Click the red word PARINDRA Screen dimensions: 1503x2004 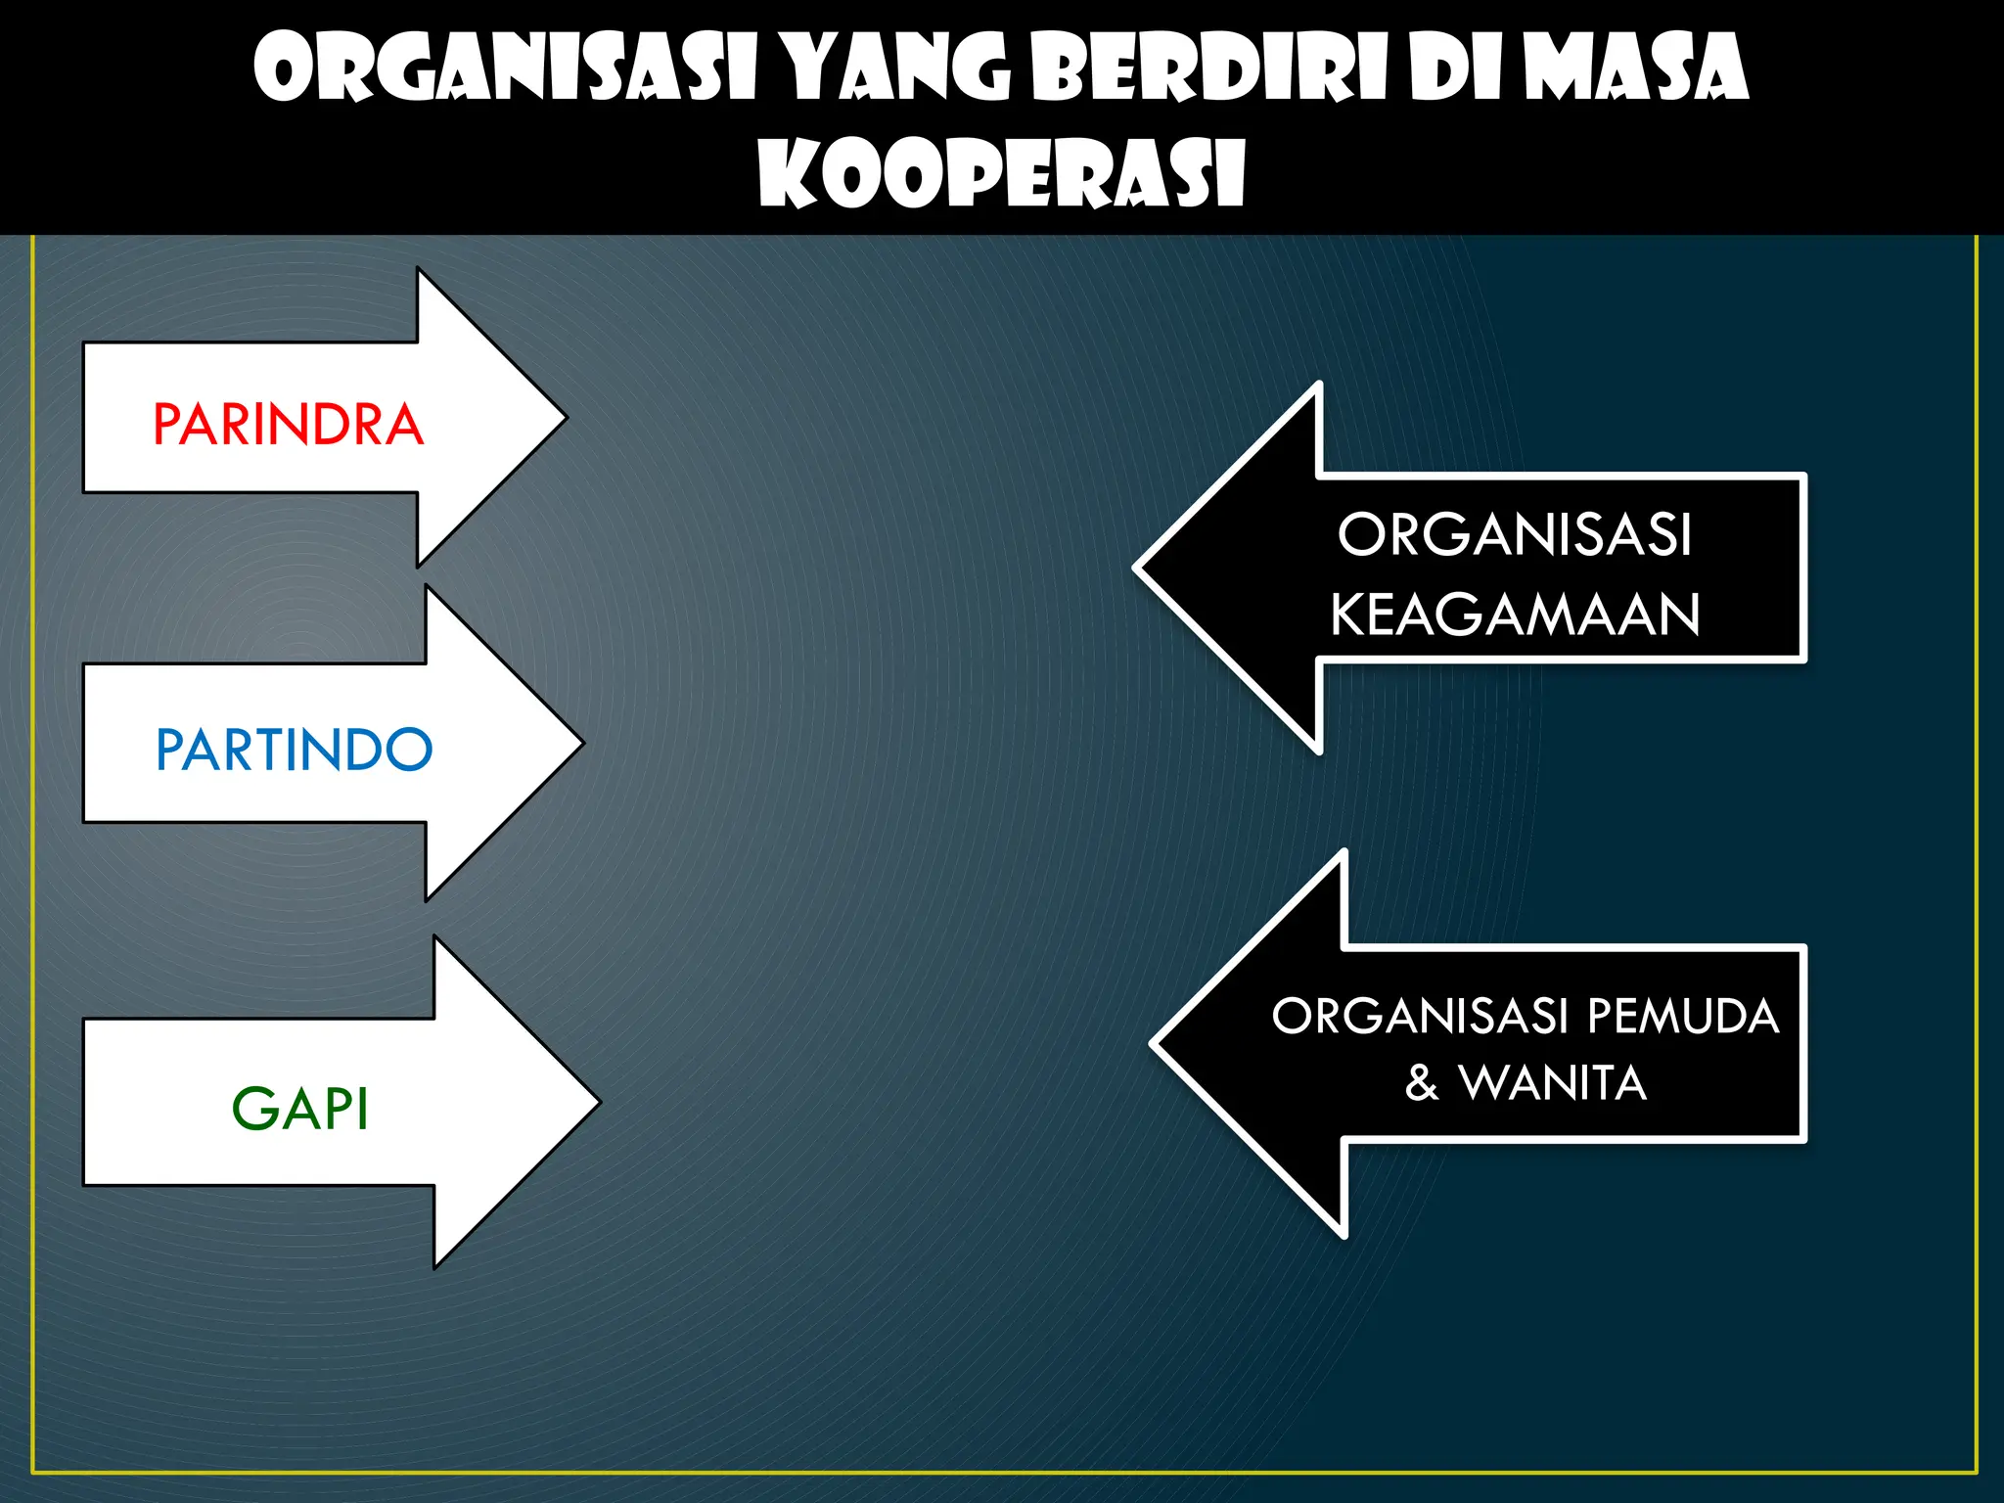288,425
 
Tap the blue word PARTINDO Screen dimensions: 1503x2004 294,750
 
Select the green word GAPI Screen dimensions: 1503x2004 299,1109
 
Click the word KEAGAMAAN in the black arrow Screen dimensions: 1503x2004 1515,615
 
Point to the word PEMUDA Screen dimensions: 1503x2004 1682,1016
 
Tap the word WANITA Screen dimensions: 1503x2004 1553,1083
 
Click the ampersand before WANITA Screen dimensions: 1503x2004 1422,1083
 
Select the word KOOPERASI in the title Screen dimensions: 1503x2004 1001,174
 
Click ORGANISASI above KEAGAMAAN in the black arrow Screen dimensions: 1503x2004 1515,534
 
